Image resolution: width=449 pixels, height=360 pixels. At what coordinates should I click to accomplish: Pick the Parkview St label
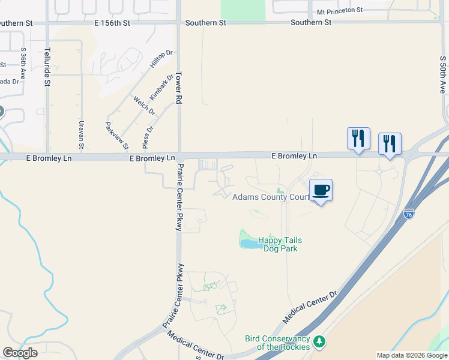(117, 136)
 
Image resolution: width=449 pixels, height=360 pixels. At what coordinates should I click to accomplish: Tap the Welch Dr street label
(144, 106)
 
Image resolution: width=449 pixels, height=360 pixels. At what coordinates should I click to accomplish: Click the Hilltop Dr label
(161, 61)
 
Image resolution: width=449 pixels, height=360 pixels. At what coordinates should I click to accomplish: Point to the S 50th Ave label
(443, 74)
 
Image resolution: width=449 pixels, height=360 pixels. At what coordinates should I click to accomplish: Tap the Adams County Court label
(270, 197)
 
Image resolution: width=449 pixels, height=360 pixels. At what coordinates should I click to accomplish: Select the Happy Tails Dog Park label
(278, 244)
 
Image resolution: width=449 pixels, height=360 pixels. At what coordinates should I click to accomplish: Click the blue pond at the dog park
(248, 243)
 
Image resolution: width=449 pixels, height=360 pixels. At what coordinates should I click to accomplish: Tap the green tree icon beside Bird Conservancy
(319, 342)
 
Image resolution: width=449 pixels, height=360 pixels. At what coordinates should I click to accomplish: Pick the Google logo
(20, 353)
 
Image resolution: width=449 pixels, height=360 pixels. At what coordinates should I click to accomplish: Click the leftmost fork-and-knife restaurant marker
(358, 139)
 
